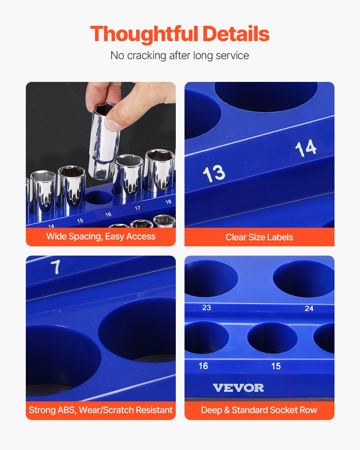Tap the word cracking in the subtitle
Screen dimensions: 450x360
[x=146, y=55]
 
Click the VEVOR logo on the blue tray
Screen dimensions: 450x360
[x=238, y=388]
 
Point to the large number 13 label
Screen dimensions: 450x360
[x=214, y=173]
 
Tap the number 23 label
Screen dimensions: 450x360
[x=206, y=307]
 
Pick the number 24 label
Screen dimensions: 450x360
[x=309, y=308]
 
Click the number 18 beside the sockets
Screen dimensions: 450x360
[x=168, y=202]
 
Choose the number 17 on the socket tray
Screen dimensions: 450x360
[x=137, y=208]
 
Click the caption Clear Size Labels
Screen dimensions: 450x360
[x=259, y=237]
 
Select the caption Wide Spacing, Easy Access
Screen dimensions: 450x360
[x=101, y=236]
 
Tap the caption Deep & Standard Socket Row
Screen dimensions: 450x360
[x=259, y=410]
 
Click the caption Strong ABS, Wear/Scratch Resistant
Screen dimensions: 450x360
[x=101, y=410]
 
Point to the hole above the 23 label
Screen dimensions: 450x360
[x=210, y=278]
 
